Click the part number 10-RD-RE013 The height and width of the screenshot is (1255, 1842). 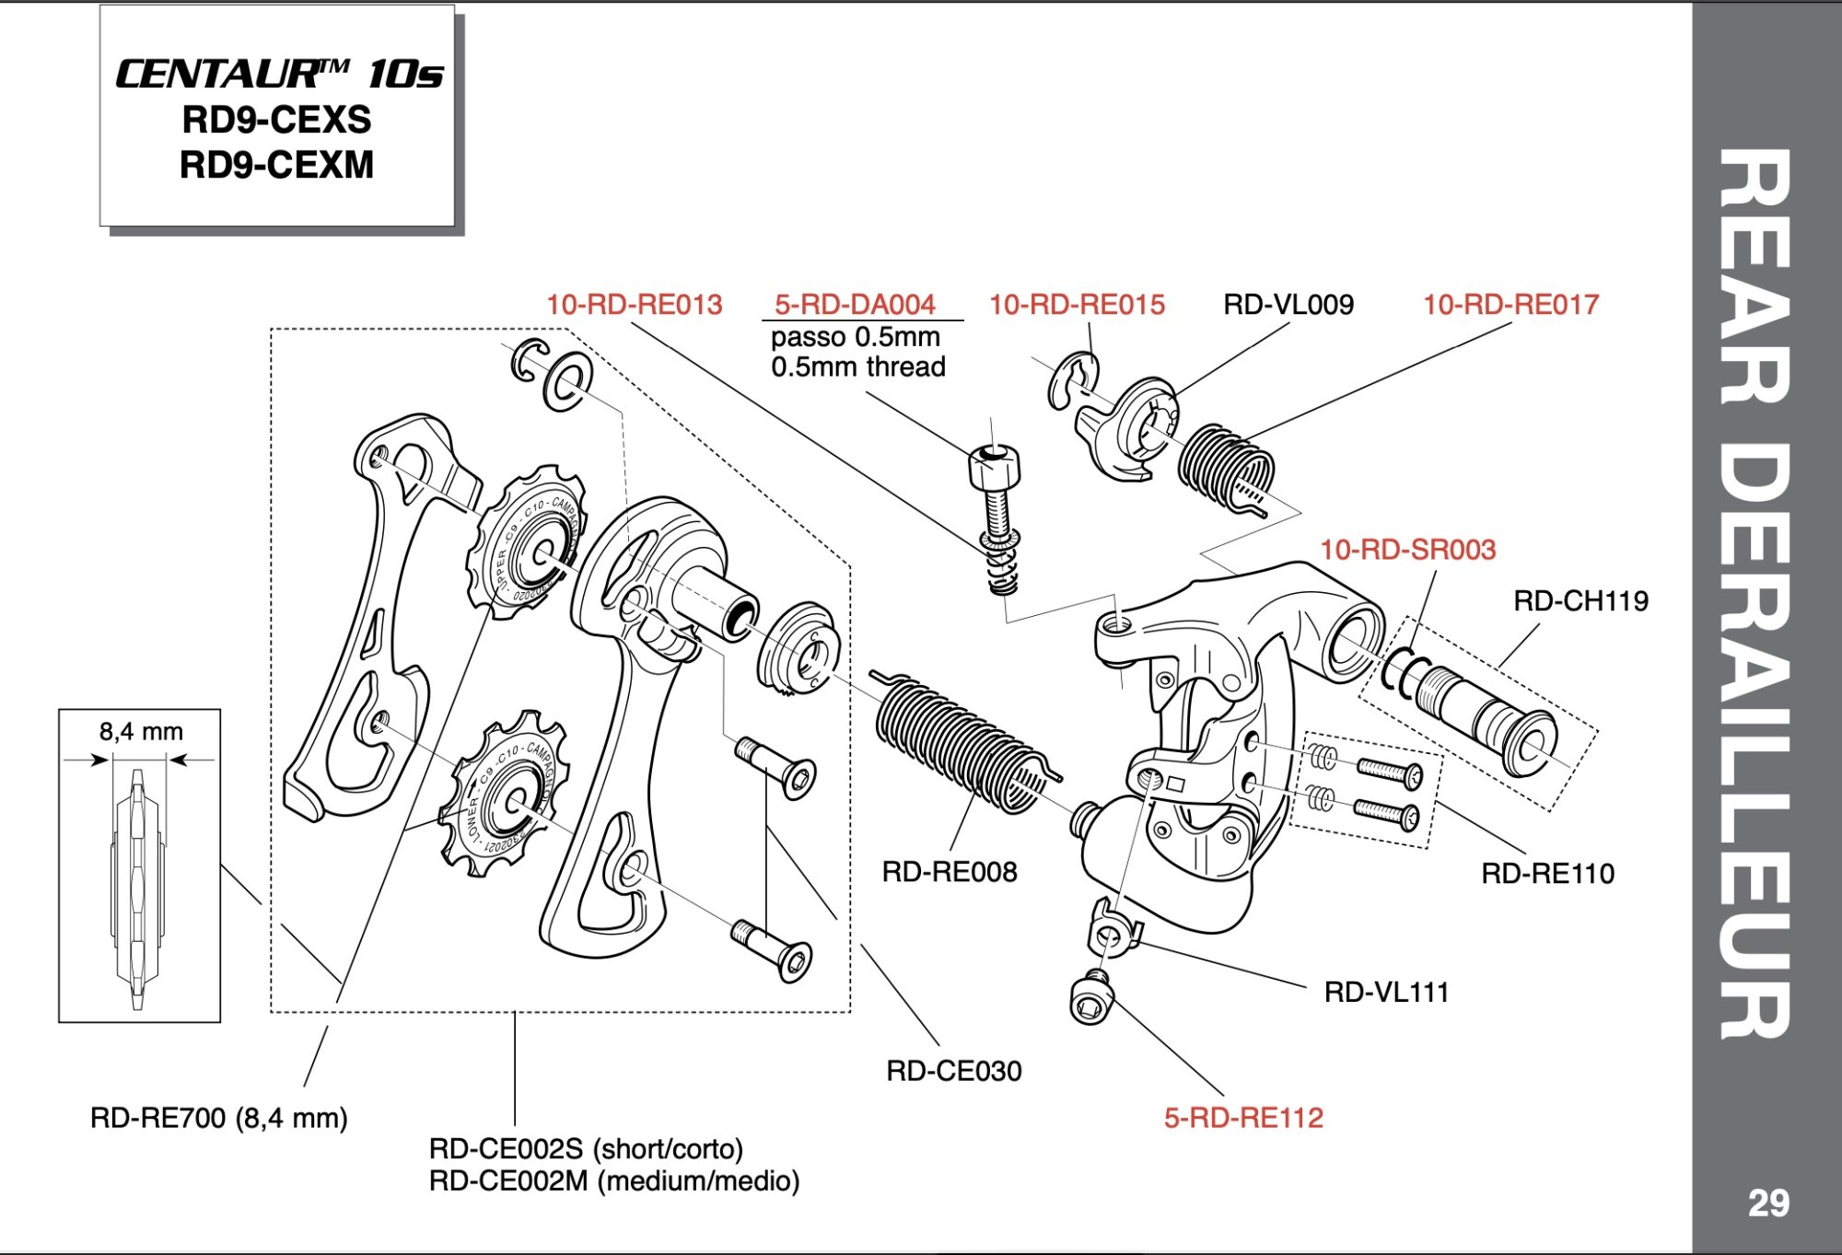coord(634,305)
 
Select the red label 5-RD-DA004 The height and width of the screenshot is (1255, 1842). coord(855,305)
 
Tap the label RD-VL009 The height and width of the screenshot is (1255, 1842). coord(1288,305)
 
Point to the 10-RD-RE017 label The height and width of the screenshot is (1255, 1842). coord(1510,305)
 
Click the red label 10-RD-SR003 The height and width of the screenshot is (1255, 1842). coord(1407,550)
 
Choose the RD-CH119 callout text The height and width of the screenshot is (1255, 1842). coord(1580,601)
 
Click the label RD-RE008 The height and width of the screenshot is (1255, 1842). coord(949,872)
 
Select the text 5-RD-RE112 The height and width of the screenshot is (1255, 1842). coord(1243,1118)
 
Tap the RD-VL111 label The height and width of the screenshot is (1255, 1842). coord(1386,992)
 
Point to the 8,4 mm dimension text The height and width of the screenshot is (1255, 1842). coord(141,732)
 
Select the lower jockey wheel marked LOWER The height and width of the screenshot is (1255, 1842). coord(502,794)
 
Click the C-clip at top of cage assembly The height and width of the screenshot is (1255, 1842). coord(528,361)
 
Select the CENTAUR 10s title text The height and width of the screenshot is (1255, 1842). coord(278,75)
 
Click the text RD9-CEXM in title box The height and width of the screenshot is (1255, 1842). coord(276,166)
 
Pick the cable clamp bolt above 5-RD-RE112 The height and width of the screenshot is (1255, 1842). coord(1092,998)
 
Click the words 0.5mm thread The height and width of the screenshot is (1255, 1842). coord(858,367)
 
